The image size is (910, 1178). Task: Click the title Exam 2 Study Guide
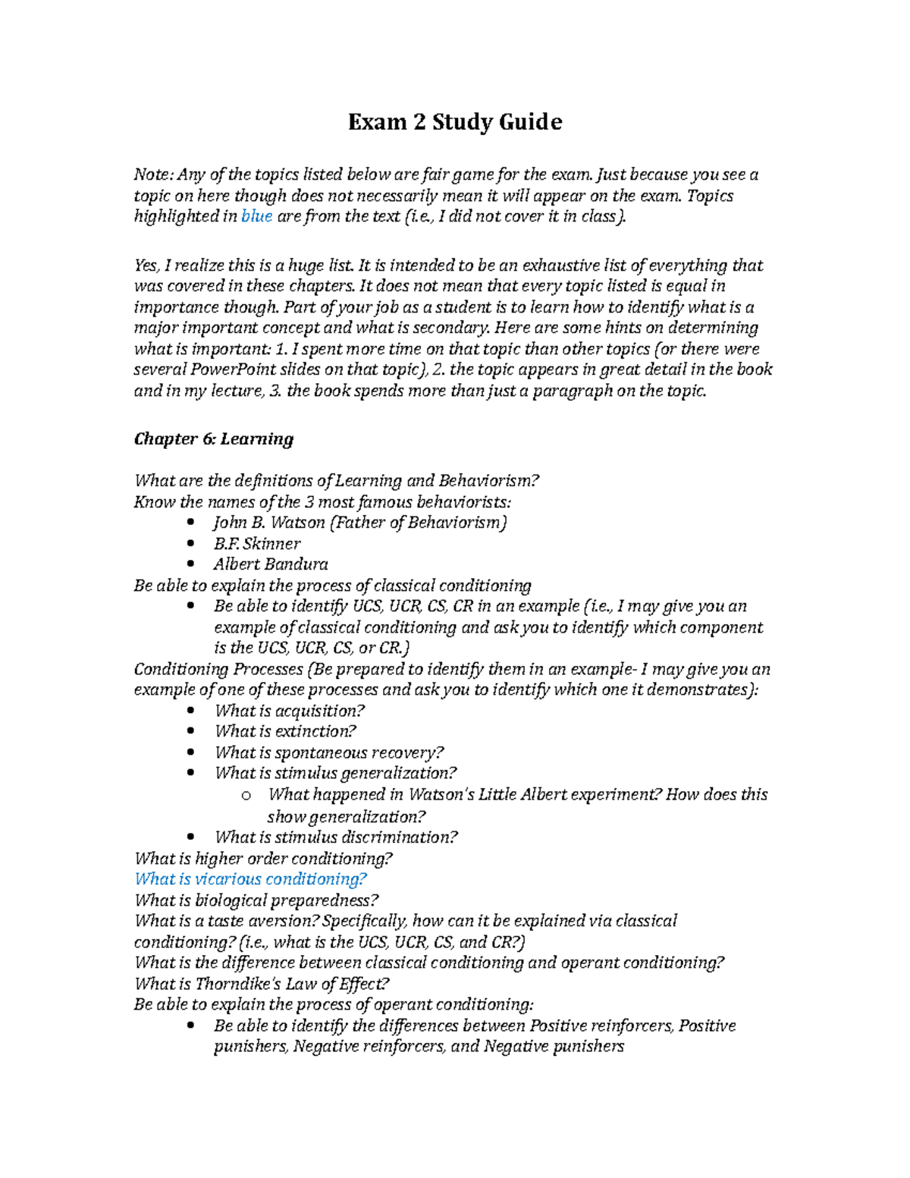[455, 122]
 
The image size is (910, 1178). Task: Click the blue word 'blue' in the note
[256, 217]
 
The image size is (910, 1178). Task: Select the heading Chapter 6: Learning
[213, 439]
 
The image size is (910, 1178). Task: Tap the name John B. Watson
[269, 523]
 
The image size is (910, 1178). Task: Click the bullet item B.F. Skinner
[257, 544]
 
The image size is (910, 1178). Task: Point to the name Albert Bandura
[271, 564]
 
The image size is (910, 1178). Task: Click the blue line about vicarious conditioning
[250, 879]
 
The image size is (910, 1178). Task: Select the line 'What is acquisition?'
[290, 711]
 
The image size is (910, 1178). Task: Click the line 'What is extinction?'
[285, 731]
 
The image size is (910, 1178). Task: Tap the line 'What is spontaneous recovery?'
[329, 752]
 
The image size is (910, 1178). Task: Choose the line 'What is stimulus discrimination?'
[336, 837]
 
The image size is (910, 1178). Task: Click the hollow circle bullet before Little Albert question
[245, 796]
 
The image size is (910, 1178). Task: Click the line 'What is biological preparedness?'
[256, 900]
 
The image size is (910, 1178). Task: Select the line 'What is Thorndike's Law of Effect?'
[262, 984]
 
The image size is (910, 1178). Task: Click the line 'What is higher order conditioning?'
[263, 859]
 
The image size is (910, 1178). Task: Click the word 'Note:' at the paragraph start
[154, 175]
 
